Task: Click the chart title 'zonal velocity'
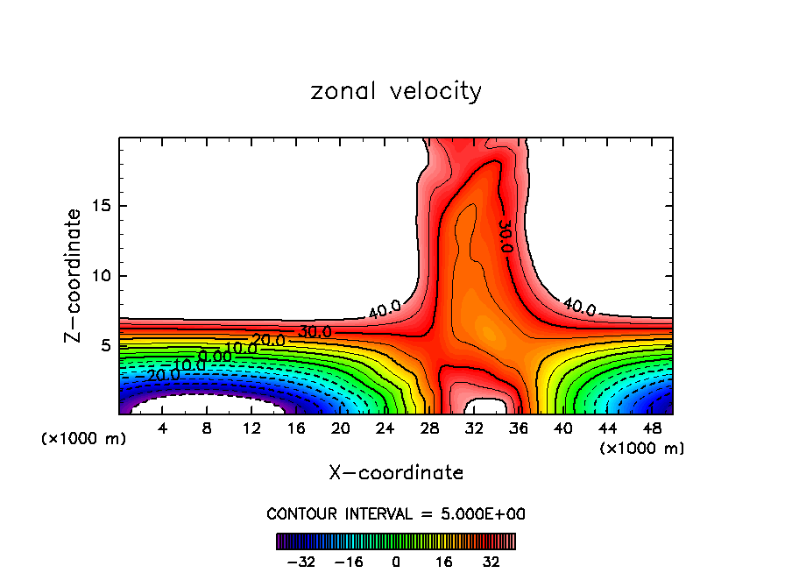pos(396,91)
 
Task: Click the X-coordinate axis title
pos(396,473)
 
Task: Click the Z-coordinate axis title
pos(74,275)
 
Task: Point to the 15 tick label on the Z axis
pos(99,207)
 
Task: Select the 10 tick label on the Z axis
pos(99,276)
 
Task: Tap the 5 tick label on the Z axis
pos(103,345)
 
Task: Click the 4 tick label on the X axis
pos(162,428)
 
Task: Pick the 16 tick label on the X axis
pos(296,428)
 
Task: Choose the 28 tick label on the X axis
pos(429,428)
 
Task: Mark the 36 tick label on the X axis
pos(519,428)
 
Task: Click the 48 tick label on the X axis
pos(653,428)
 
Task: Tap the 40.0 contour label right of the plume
pos(578,308)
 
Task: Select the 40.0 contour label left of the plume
pos(385,309)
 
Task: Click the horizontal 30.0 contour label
pos(315,333)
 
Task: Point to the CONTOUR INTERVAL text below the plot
pos(396,513)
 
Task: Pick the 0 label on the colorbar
pos(396,562)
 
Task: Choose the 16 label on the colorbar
pos(444,562)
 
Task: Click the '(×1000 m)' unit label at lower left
pos(84,438)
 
